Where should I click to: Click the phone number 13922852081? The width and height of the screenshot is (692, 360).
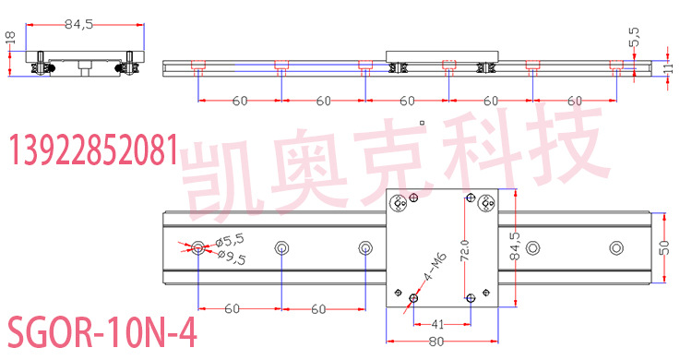pos(92,150)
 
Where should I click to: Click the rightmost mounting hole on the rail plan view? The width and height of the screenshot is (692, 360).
pos(615,246)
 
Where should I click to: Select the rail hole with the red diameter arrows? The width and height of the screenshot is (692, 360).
pos(199,246)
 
